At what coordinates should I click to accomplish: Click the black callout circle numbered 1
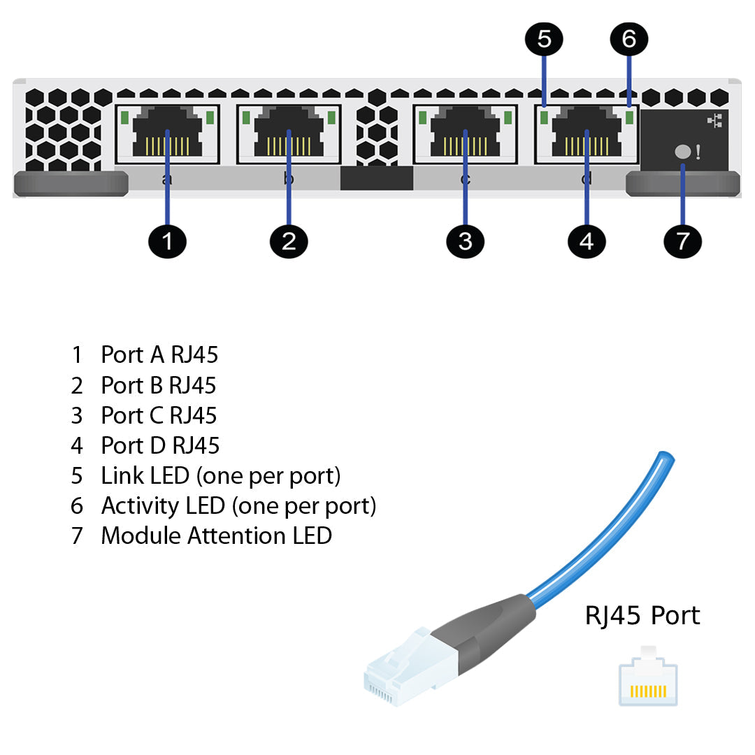(167, 242)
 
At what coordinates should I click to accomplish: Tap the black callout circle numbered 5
(545, 39)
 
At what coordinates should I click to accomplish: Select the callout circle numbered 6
(628, 39)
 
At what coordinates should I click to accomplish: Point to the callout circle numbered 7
(682, 242)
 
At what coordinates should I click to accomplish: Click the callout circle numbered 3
(466, 242)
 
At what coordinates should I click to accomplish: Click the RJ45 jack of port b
(289, 134)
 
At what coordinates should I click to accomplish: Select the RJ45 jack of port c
(466, 134)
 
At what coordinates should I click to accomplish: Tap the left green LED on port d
(544, 117)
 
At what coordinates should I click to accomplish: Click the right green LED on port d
(629, 117)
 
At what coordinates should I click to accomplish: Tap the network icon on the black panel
(714, 122)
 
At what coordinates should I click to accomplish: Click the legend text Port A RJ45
(159, 355)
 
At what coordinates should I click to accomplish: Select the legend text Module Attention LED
(216, 536)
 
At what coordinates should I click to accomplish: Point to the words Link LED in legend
(145, 476)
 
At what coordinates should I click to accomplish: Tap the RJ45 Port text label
(642, 615)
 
